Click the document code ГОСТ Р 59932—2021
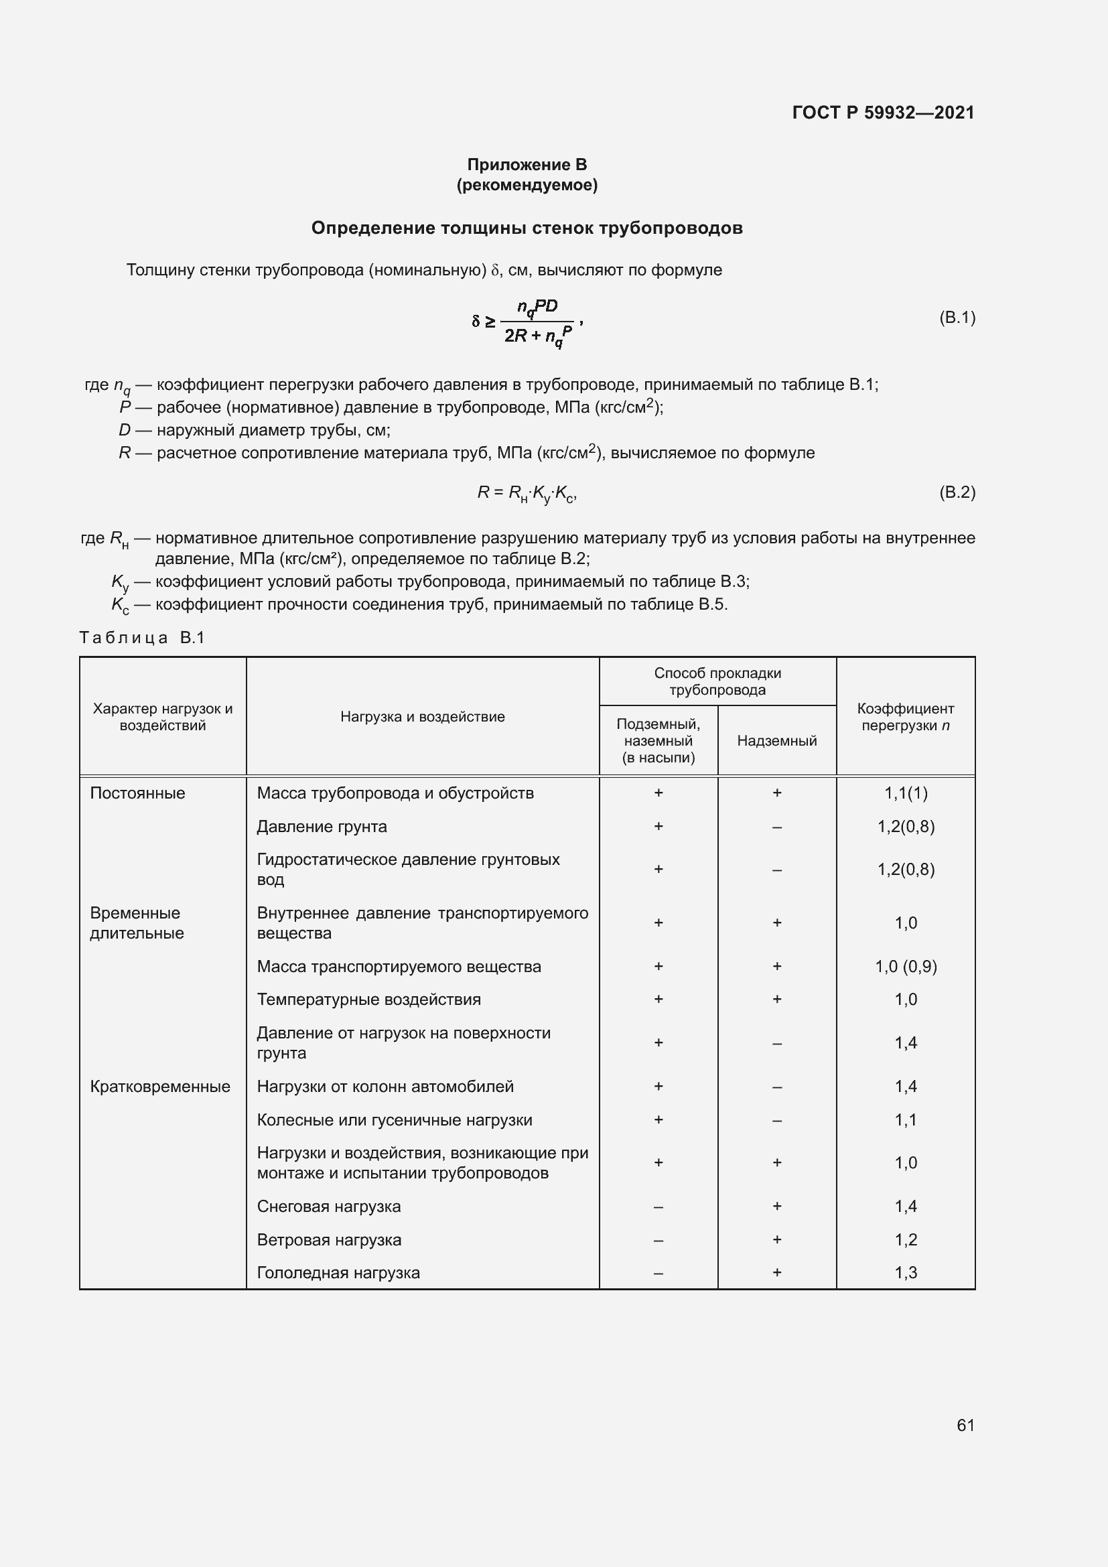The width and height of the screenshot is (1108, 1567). [883, 113]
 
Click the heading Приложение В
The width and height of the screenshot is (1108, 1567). [527, 165]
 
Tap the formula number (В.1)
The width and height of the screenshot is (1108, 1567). [957, 318]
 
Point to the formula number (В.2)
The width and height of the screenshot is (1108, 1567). [957, 492]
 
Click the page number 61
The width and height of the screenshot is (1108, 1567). [965, 1425]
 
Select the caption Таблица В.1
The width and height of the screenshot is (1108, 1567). [142, 637]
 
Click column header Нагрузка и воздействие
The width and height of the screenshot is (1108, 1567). [422, 717]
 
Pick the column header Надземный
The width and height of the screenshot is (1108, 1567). [776, 740]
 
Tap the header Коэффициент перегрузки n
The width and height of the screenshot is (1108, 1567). [906, 717]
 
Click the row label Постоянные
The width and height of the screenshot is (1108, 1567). [138, 793]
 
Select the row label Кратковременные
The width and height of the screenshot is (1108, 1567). [160, 1087]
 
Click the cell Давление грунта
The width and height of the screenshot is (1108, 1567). [322, 827]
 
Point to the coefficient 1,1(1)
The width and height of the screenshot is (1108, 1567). [906, 793]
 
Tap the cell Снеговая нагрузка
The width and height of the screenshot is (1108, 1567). [329, 1206]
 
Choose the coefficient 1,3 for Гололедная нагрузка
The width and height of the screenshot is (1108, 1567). [906, 1272]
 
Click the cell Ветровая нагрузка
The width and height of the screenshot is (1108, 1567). [329, 1239]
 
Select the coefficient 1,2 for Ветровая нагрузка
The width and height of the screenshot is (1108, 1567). [906, 1239]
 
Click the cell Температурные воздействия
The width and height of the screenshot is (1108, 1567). [368, 999]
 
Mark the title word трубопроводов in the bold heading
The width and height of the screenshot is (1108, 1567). [671, 228]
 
